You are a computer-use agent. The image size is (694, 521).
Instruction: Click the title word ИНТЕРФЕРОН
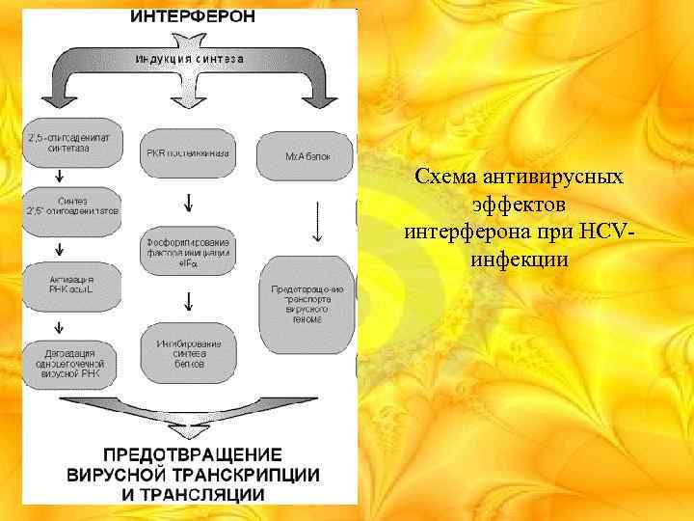click(193, 16)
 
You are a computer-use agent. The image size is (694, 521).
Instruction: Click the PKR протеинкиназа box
click(189, 152)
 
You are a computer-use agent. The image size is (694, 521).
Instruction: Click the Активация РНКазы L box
click(72, 285)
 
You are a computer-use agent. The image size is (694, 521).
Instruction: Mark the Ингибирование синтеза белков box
click(189, 354)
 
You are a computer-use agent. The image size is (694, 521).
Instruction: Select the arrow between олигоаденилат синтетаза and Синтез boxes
click(61, 176)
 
